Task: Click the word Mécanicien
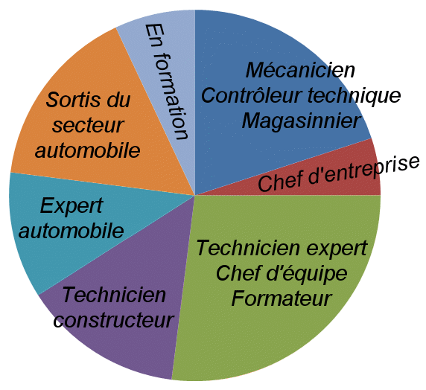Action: [x=300, y=70]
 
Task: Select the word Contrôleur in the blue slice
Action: [x=252, y=95]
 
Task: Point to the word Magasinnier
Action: [x=302, y=121]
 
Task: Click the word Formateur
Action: [x=282, y=298]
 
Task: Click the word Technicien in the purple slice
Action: [x=114, y=295]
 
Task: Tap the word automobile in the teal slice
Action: [x=71, y=231]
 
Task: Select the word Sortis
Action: [x=73, y=100]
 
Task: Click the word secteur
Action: [x=88, y=126]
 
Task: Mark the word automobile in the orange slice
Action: [x=87, y=150]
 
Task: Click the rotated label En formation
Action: [x=166, y=81]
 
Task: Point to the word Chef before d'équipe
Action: [x=239, y=273]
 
